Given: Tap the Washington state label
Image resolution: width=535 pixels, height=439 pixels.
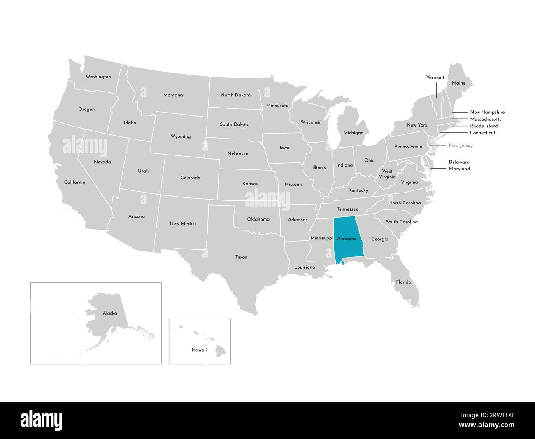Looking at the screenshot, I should [98, 77].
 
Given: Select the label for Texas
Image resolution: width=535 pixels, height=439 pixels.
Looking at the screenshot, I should [241, 257].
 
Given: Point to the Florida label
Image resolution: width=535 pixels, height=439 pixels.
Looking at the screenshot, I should [403, 282].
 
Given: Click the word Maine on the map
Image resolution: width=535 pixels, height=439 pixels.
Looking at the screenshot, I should [458, 83].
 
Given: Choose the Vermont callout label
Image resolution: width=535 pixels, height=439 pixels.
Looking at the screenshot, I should [435, 77].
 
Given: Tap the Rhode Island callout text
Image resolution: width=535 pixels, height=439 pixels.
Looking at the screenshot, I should [484, 126].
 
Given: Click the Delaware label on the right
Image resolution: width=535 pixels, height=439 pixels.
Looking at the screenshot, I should [459, 162].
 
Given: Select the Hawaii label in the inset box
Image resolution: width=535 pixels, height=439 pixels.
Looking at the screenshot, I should [199, 350].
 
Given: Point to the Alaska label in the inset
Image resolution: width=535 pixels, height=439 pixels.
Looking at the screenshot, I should [110, 313].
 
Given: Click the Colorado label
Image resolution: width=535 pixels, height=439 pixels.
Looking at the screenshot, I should [190, 178].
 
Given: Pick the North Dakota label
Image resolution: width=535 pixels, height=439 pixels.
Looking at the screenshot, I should [235, 95].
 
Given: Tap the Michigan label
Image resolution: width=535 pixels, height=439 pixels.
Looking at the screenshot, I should [353, 133].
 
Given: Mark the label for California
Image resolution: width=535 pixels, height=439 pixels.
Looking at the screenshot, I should [74, 182].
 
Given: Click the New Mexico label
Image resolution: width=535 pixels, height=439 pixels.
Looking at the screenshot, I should [183, 223].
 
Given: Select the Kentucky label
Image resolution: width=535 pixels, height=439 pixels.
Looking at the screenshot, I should [358, 190].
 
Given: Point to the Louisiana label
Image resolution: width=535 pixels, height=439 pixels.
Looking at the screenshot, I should [305, 267].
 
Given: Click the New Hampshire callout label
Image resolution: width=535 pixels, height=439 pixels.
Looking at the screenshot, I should [487, 112].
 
